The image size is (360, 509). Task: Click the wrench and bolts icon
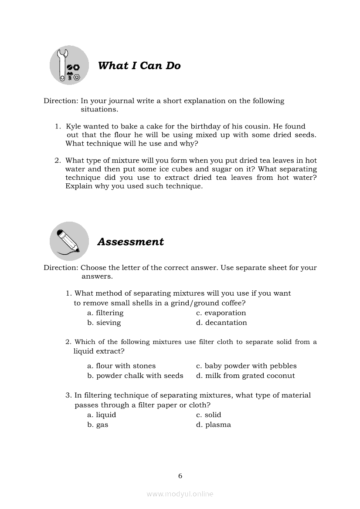(x=69, y=65)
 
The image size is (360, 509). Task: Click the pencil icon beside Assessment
(x=69, y=241)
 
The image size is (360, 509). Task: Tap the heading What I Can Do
(x=139, y=66)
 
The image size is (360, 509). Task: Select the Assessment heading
(x=130, y=242)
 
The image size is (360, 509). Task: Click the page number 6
(x=180, y=476)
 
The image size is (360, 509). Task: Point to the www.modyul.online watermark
(x=180, y=494)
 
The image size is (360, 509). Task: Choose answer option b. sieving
(x=104, y=323)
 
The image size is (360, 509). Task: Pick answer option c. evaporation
(x=221, y=313)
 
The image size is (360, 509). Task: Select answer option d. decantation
(x=221, y=323)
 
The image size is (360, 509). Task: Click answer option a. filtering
(x=105, y=313)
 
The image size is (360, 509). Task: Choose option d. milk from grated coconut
(x=245, y=375)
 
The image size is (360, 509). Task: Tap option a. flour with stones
(x=121, y=366)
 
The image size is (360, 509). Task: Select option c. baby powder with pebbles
(x=246, y=366)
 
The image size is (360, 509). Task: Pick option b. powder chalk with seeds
(x=135, y=375)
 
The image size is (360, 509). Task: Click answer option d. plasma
(x=214, y=425)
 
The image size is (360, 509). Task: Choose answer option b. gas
(x=98, y=425)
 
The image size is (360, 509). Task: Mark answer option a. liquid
(x=102, y=415)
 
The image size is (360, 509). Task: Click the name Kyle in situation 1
(x=73, y=126)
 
